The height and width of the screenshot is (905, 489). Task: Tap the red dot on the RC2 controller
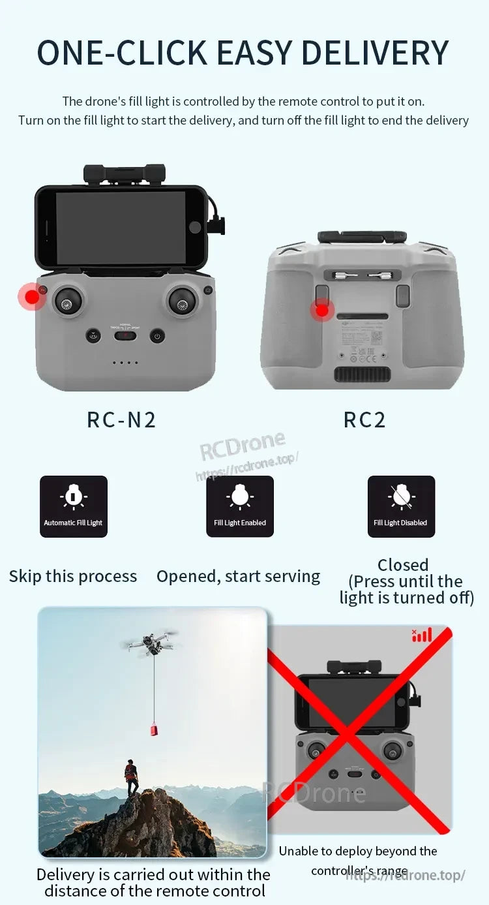(322, 311)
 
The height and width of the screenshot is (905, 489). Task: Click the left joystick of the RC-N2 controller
(67, 301)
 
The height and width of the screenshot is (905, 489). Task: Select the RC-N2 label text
(121, 420)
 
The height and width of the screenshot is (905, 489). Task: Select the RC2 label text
(364, 420)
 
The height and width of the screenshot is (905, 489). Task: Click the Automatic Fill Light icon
(74, 506)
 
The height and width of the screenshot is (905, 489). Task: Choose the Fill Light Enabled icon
(240, 506)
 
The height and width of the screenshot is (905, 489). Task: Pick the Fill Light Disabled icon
(401, 506)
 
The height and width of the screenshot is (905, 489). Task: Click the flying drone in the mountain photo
(150, 643)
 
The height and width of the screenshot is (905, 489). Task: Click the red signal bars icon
(422, 635)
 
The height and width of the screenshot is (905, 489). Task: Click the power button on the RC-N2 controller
(156, 337)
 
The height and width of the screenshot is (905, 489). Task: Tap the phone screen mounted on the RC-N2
(121, 228)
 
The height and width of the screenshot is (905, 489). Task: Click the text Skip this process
(73, 577)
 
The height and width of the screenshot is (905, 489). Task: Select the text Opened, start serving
(239, 577)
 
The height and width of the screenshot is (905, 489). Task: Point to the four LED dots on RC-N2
(125, 363)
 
